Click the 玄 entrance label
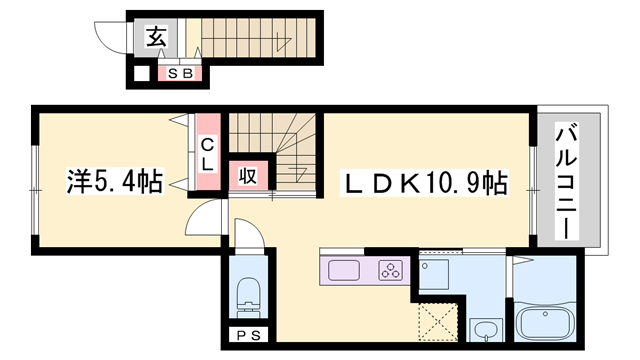pyautogui.click(x=156, y=37)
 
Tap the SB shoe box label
pyautogui.click(x=180, y=74)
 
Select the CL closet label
pyautogui.click(x=207, y=155)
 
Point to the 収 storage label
pyautogui.click(x=248, y=176)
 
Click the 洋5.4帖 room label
pyautogui.click(x=115, y=181)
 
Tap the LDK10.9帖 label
pyautogui.click(x=425, y=183)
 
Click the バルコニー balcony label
pyautogui.click(x=566, y=182)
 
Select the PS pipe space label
pyautogui.click(x=249, y=336)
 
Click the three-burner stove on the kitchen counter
pyautogui.click(x=391, y=270)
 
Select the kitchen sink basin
pyautogui.click(x=344, y=270)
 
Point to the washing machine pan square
pyautogui.click(x=434, y=274)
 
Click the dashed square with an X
pyautogui.click(x=438, y=322)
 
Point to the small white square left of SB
pyautogui.click(x=142, y=75)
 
